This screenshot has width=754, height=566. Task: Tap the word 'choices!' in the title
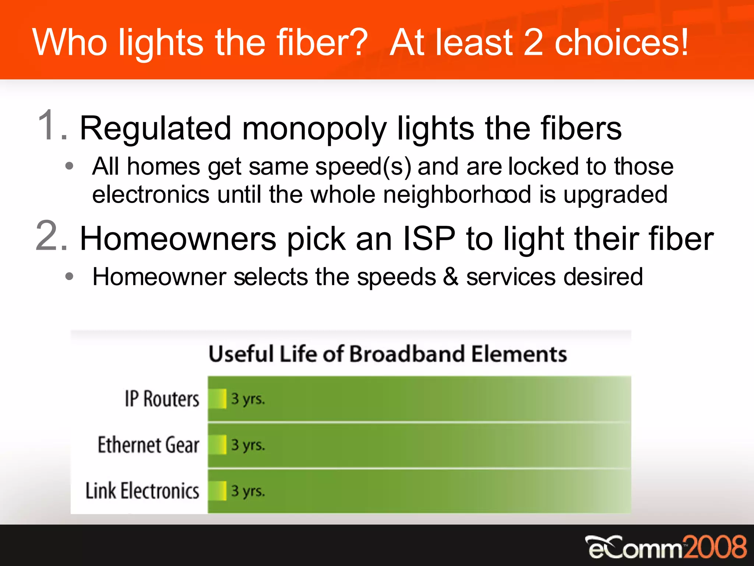tap(621, 43)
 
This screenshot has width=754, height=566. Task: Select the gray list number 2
tap(52, 236)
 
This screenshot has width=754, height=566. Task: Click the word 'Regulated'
tap(155, 129)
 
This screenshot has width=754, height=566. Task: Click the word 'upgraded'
tap(615, 195)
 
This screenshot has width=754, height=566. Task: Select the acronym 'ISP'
tap(429, 239)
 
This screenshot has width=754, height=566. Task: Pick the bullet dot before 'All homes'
tap(69, 166)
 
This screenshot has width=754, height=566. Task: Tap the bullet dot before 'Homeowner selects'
tap(69, 276)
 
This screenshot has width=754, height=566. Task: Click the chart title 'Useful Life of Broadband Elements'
tap(387, 354)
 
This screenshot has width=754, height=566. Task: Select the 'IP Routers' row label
tap(162, 399)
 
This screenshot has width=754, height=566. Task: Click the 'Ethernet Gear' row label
tap(148, 445)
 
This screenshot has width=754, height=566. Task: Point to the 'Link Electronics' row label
tap(142, 491)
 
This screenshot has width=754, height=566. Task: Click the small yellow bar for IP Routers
tap(218, 399)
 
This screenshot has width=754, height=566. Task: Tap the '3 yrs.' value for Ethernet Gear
tap(248, 445)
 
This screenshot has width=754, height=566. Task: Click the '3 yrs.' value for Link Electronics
tap(248, 491)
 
